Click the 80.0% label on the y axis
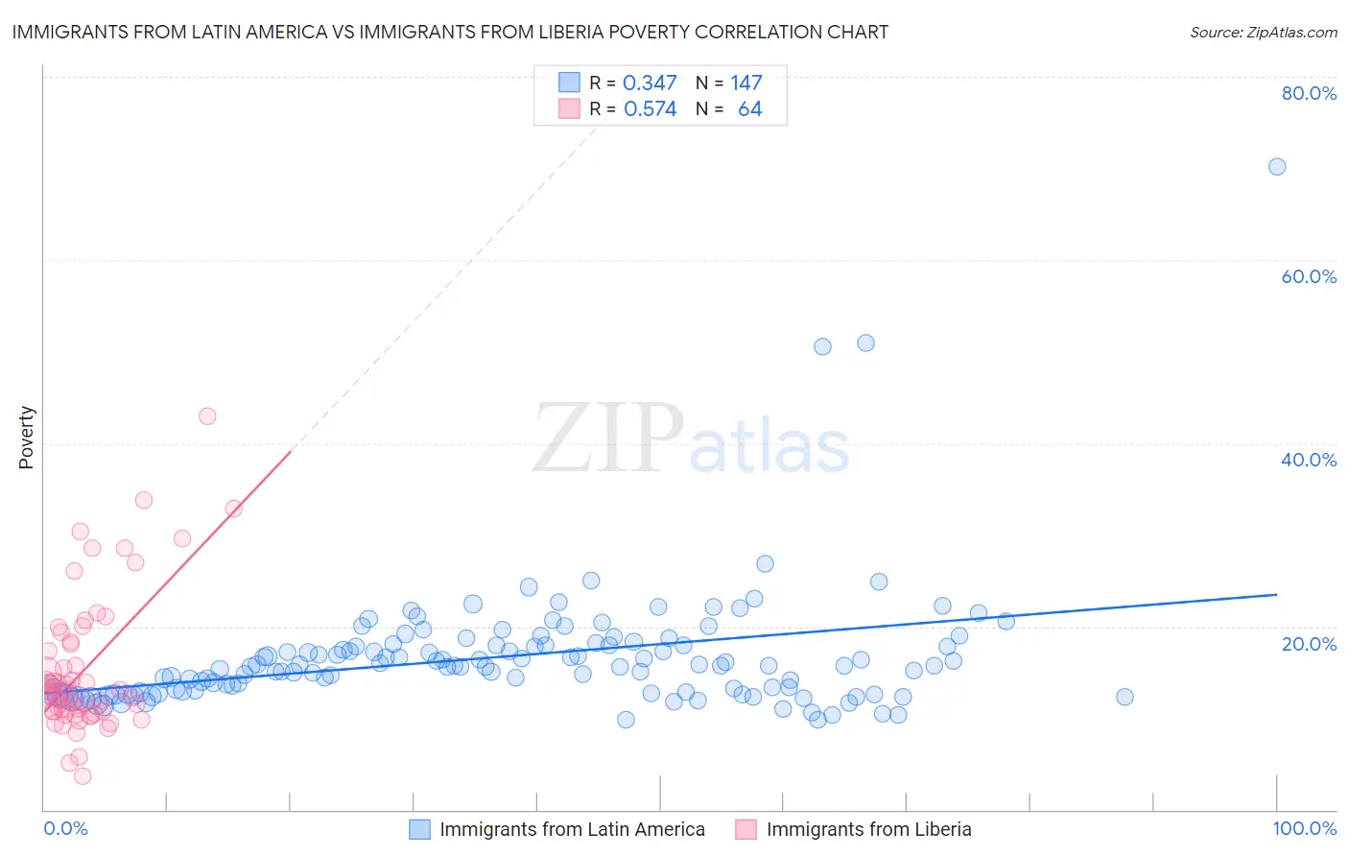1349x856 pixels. click(1309, 93)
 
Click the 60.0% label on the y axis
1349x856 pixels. click(1309, 276)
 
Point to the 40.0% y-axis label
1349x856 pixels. click(1309, 460)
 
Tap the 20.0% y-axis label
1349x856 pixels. click(1309, 644)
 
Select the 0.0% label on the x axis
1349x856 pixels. click(65, 829)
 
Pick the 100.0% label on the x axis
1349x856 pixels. click(1304, 829)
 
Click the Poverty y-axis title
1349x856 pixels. click(26, 438)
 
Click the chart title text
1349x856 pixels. click(450, 32)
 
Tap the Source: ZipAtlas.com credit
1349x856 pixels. click(1263, 32)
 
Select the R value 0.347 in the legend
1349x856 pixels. click(650, 83)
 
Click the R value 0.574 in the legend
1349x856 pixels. click(650, 109)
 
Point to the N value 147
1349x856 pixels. click(745, 83)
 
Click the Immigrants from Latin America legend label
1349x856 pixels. click(572, 829)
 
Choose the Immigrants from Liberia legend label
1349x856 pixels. click(868, 829)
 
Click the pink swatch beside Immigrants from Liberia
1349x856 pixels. click(745, 829)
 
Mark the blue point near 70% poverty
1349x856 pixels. click(1277, 167)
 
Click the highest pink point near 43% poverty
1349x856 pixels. click(207, 416)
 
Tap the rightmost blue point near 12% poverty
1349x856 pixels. click(1124, 697)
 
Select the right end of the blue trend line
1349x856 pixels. click(1276, 595)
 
